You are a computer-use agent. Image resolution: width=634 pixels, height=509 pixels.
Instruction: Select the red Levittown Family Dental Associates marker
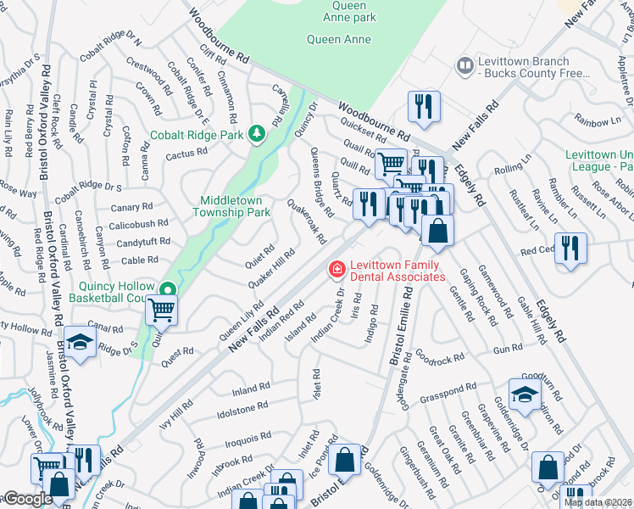(x=336, y=270)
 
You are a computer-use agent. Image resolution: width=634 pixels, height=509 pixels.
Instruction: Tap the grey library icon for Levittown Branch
(x=464, y=65)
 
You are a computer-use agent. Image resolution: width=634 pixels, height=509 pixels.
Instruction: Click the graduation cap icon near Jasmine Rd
(x=81, y=341)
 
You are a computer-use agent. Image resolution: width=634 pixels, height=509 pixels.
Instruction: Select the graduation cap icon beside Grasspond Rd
(x=525, y=392)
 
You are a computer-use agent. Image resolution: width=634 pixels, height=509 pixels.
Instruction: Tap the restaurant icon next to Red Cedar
(x=571, y=248)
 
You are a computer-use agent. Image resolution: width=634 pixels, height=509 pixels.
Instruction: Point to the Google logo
(x=28, y=500)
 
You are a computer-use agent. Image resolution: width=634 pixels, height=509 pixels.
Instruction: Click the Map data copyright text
(x=598, y=503)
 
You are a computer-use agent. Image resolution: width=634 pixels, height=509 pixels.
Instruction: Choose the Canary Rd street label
(x=131, y=206)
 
